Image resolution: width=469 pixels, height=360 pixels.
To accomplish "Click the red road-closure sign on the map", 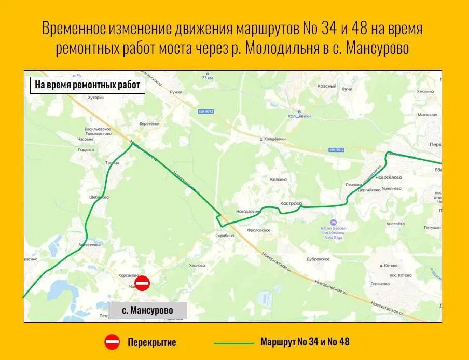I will pos(142,283).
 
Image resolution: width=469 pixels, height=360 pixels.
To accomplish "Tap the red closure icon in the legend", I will pos(112,342).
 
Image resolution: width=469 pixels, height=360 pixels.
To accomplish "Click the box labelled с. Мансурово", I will pos(147,311).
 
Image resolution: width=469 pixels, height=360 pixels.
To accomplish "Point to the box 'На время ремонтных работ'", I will pos(88,85).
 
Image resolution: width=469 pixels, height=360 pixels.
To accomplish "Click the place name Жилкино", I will pos(279,179).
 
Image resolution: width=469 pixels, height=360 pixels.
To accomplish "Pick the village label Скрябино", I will pos(225,236).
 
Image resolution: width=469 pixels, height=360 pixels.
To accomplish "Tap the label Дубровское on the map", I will pos(318,259).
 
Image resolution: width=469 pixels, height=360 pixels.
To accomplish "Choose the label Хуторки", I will pos(96,96).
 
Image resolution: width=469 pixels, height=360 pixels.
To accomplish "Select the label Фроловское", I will pos(259,230).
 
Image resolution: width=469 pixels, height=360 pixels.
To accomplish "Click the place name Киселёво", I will pos(395,224).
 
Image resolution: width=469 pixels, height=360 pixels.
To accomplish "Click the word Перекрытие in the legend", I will pos(152,342).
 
